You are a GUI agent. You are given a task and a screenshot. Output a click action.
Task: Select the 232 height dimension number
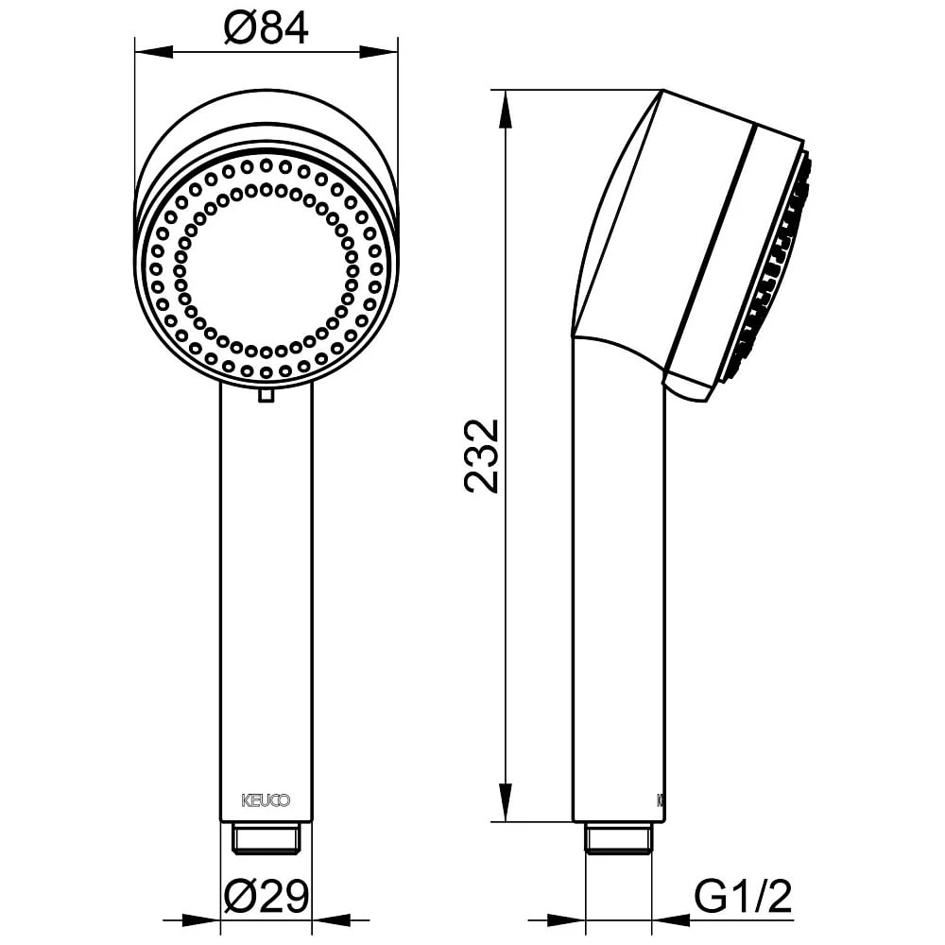click(484, 455)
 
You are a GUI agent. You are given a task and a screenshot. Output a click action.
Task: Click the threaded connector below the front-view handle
click(266, 837)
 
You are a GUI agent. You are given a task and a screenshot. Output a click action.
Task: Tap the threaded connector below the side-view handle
click(619, 838)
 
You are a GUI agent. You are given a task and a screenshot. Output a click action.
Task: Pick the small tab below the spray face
click(266, 394)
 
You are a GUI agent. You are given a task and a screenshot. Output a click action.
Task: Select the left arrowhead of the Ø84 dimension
click(154, 50)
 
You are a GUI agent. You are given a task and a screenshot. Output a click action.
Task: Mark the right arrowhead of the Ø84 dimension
click(379, 50)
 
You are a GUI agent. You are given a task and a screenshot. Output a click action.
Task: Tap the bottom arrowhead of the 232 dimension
click(507, 802)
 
